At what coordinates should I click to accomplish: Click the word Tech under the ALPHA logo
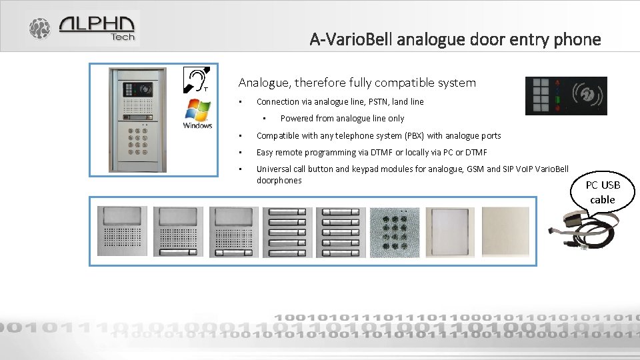[123, 37]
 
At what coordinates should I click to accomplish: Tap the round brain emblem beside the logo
[39, 28]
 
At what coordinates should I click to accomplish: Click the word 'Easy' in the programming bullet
[267, 153]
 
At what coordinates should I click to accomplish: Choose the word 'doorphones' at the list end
[279, 181]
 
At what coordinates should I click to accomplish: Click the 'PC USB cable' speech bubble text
[602, 193]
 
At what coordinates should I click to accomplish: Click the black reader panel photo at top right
[566, 95]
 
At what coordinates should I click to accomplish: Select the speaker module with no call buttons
[123, 231]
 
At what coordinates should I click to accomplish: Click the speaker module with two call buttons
[234, 231]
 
